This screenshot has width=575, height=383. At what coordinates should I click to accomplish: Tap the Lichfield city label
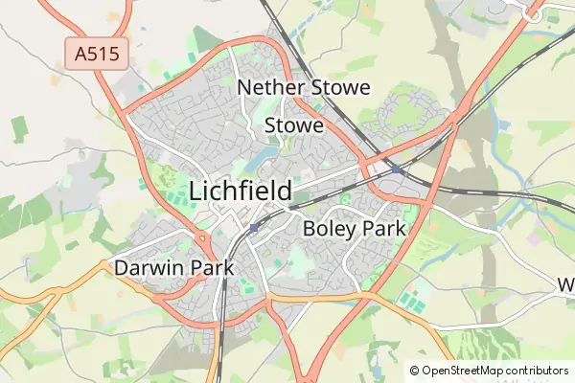click(x=241, y=191)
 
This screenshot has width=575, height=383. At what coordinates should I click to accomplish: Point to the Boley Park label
click(x=355, y=229)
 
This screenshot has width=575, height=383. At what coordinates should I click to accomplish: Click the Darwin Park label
click(x=173, y=268)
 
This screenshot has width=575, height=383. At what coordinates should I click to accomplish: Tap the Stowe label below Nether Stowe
click(x=293, y=125)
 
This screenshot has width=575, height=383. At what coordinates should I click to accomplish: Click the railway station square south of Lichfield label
click(x=253, y=227)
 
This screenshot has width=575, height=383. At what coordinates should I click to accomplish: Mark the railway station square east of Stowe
click(x=396, y=169)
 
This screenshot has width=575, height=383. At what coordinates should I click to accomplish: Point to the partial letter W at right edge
click(x=566, y=285)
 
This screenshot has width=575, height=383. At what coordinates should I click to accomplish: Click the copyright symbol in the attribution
click(x=414, y=370)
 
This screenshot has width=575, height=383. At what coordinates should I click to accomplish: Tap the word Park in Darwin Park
click(x=210, y=268)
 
